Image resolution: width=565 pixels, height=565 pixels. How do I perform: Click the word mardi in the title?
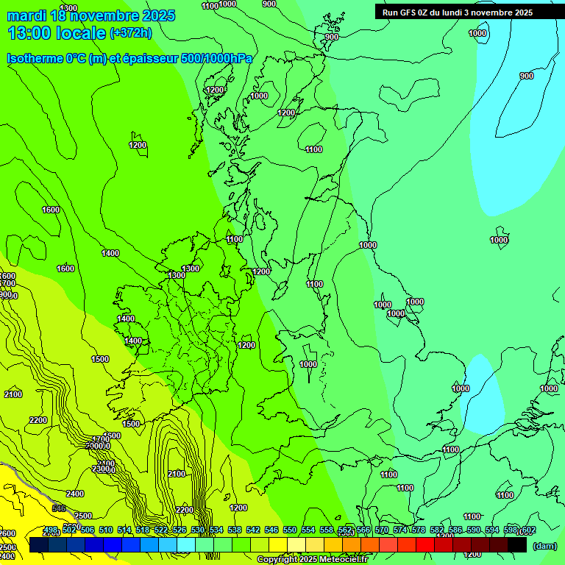coord(26,15)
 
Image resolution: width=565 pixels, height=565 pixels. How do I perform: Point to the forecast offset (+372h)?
coord(130,33)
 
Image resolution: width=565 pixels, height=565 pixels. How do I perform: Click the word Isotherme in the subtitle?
coord(35,58)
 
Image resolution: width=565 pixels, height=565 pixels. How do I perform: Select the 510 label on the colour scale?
coord(106,530)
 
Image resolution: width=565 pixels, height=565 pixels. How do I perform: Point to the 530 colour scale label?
coord(198,530)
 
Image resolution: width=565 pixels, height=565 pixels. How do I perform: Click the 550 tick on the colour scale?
coord(290,530)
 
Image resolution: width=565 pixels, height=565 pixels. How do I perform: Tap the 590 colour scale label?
coord(474,530)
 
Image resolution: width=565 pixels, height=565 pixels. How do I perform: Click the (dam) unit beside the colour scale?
coord(544,545)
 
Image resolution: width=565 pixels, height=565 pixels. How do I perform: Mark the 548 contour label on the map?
coord(59,508)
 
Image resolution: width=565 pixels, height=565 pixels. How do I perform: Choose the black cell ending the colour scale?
coord(517,545)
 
